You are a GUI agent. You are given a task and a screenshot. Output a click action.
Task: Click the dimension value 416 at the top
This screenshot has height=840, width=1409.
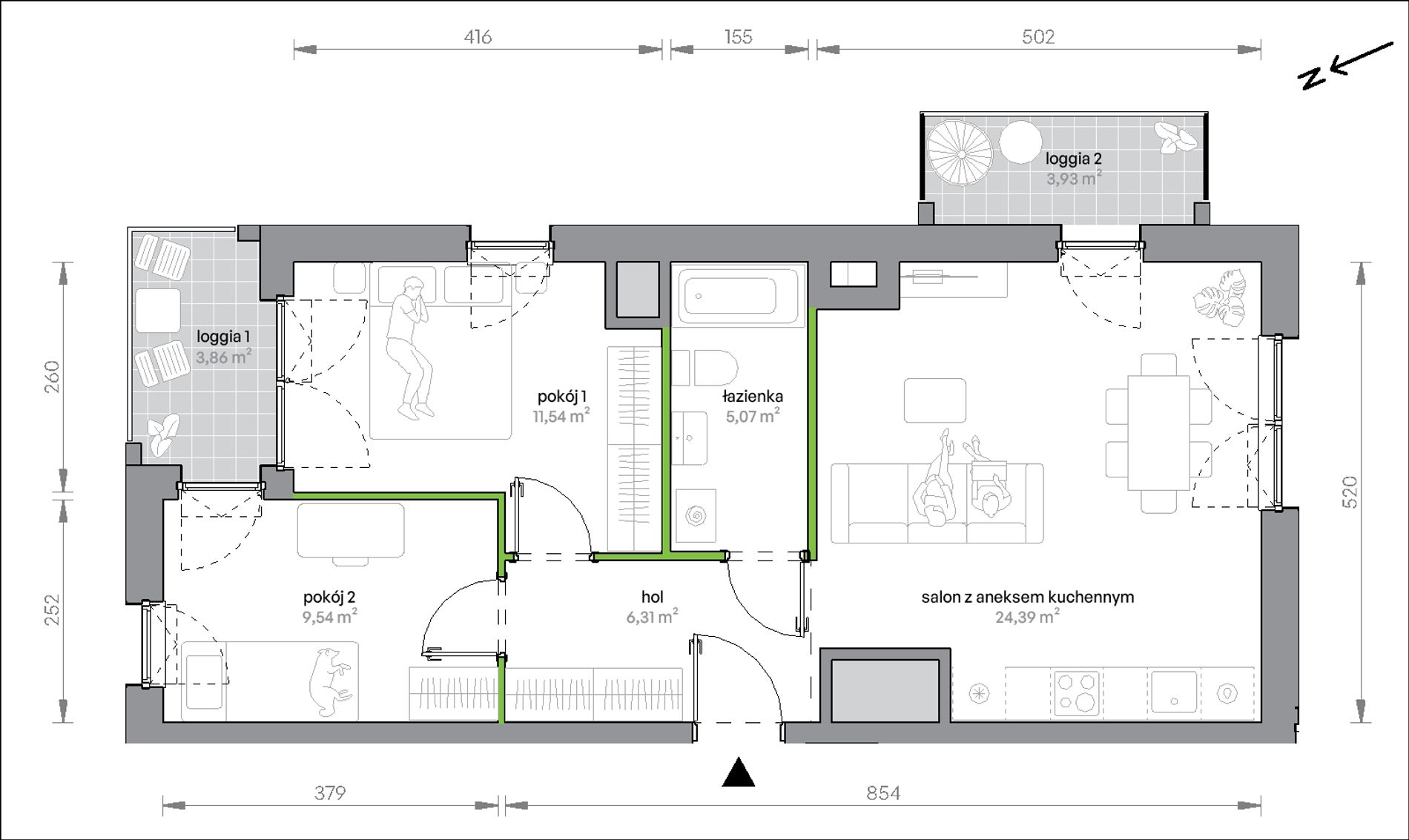478,36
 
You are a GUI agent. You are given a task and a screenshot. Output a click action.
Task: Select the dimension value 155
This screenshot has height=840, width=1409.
739,36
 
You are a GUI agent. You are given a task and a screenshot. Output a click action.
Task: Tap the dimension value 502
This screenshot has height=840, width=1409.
1038,36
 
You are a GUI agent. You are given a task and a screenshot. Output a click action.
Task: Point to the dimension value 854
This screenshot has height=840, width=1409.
883,793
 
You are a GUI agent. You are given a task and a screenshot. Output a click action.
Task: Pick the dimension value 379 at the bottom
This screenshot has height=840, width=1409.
330,793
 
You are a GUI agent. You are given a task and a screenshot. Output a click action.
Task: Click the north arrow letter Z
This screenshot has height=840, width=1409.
1313,77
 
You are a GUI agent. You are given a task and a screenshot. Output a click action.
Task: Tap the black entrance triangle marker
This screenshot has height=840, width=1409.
739,772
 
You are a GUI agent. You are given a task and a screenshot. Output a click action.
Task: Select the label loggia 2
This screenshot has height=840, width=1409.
1073,158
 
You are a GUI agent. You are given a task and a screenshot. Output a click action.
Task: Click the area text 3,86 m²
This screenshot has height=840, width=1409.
223,357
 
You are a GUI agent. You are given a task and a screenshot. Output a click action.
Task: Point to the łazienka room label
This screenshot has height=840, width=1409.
753,396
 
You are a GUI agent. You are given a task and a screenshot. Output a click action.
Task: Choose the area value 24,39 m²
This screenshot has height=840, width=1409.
1027,616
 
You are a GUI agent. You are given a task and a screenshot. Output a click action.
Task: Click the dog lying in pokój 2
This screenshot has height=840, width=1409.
331,681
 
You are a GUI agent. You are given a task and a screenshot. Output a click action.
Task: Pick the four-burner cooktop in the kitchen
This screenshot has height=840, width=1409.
1076,692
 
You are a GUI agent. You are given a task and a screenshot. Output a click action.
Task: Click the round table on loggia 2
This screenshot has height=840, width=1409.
1020,142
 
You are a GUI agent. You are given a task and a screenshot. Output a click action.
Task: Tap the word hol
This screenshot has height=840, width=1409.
653,597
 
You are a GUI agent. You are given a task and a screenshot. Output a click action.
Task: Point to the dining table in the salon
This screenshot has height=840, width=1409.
1159,432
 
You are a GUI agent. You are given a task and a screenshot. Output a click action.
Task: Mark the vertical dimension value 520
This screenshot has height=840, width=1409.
1350,492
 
